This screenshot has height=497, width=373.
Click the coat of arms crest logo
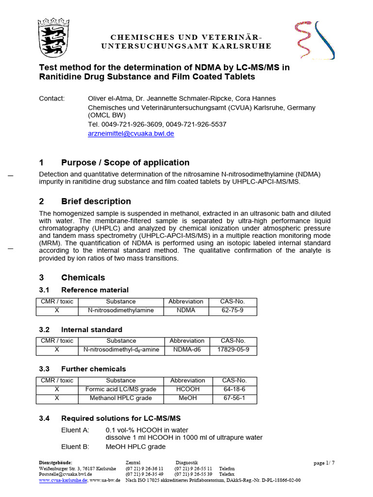pos(53,37)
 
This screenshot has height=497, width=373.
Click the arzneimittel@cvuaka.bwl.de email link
pos(131,133)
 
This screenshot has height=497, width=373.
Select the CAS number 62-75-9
pos(233,310)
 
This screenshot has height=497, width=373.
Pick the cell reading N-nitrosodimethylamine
pos(121,310)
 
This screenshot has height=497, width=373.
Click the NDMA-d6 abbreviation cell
pos(186,349)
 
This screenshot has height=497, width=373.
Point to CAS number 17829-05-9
pos(233,349)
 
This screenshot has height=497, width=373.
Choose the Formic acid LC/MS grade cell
pos(121,389)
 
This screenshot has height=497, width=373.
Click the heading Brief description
pos(96,201)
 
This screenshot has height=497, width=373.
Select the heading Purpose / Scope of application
pos(125,163)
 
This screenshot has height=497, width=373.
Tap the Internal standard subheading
pos(91,330)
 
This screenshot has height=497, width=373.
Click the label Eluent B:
pos(75,447)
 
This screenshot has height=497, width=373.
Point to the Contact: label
pos(51,99)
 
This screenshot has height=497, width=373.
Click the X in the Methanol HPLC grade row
pos(57,398)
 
